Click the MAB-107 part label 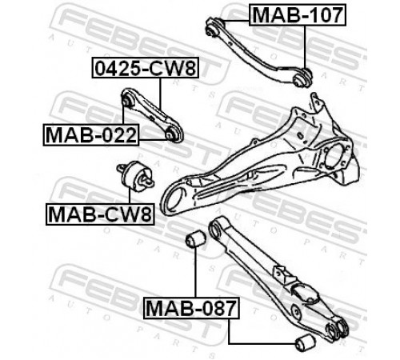coord(298,15)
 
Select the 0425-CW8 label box coord(146,68)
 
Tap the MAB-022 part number coord(91,134)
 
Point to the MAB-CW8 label coord(100,214)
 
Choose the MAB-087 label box coord(191,308)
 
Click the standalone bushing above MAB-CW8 coord(135,176)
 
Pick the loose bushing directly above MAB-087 coord(196,239)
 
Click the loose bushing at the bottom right coord(306,342)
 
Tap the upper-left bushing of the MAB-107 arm coord(213,26)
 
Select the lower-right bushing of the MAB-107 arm coord(302,78)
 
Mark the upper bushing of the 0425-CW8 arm coord(127,99)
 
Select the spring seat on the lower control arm coord(305,294)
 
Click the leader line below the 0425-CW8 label coord(161,94)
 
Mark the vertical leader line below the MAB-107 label coord(305,47)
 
